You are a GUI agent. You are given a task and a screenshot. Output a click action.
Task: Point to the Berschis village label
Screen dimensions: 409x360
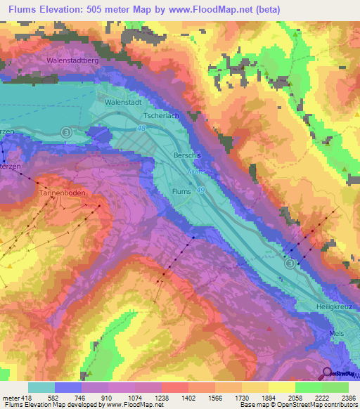187,155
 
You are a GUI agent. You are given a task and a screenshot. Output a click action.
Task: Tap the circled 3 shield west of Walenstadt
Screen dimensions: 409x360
66,131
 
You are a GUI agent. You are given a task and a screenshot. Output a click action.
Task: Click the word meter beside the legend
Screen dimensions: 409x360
11,397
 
